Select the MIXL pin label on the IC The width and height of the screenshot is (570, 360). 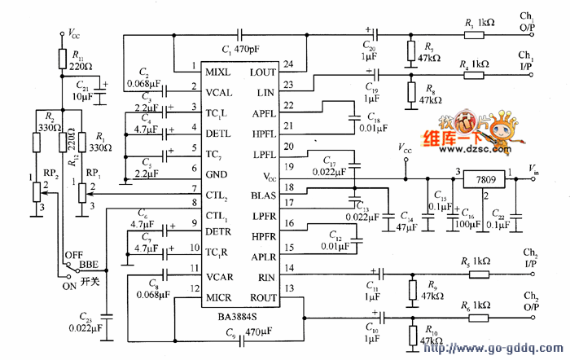(x=217, y=71)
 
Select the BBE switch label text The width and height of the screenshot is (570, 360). (x=88, y=266)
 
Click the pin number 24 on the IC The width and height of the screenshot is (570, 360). (x=288, y=64)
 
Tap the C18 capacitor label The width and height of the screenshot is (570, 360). (x=374, y=116)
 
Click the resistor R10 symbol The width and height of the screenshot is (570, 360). (x=410, y=335)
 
